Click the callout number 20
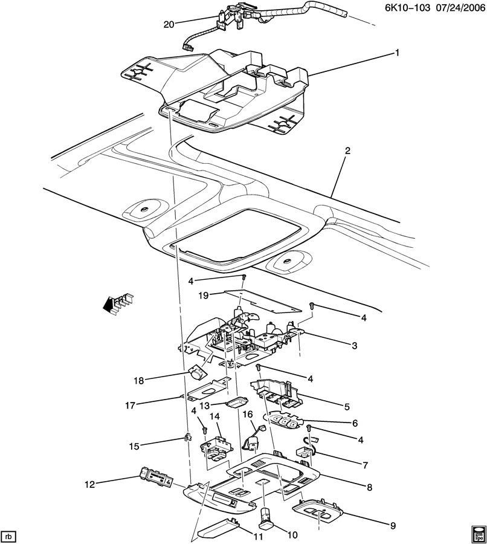tap(168, 24)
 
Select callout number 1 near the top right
tap(398, 53)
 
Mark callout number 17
tap(137, 405)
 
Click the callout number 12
tap(90, 484)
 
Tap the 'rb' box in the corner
tap(9, 536)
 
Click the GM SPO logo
tap(477, 533)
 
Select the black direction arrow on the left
tap(111, 305)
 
